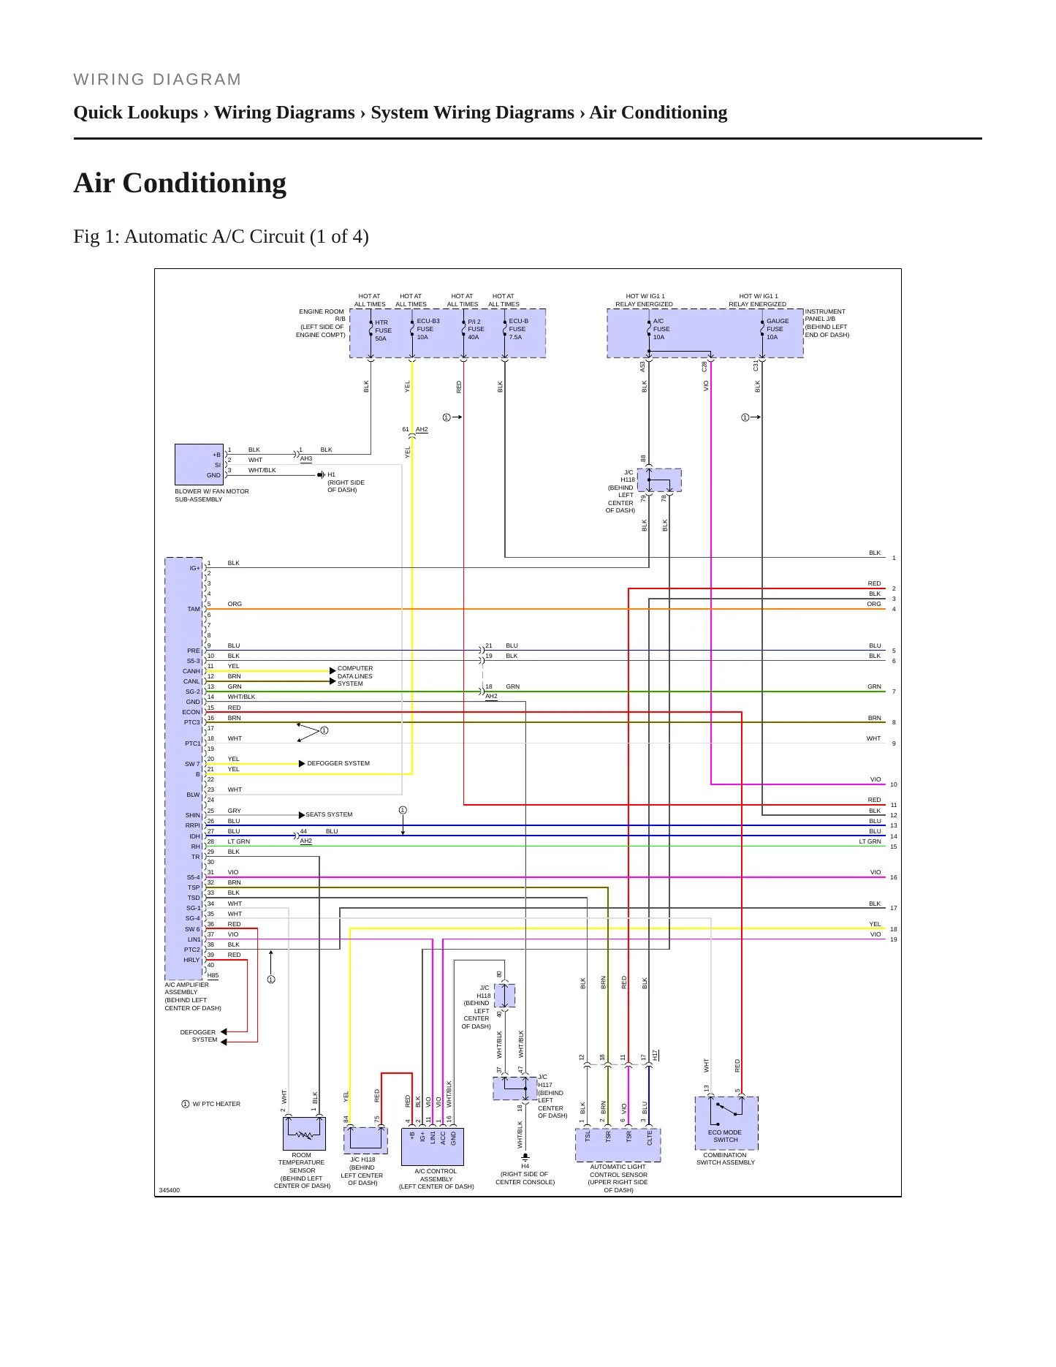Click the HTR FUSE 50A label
click(383, 330)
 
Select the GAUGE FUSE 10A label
click(778, 329)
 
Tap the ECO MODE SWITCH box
click(726, 1123)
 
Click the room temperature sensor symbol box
click(304, 1133)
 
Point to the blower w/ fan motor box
click(200, 464)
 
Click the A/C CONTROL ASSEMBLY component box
click(433, 1147)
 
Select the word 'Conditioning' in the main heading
click(205, 183)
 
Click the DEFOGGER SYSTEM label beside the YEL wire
click(338, 763)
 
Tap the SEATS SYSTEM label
click(329, 814)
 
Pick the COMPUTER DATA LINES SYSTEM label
click(355, 676)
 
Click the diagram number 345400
click(170, 1190)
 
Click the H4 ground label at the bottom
click(525, 1167)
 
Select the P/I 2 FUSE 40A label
click(476, 329)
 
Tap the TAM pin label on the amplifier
click(193, 609)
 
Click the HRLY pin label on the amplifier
click(191, 960)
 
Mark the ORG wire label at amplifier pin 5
click(235, 604)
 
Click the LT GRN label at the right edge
click(870, 841)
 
